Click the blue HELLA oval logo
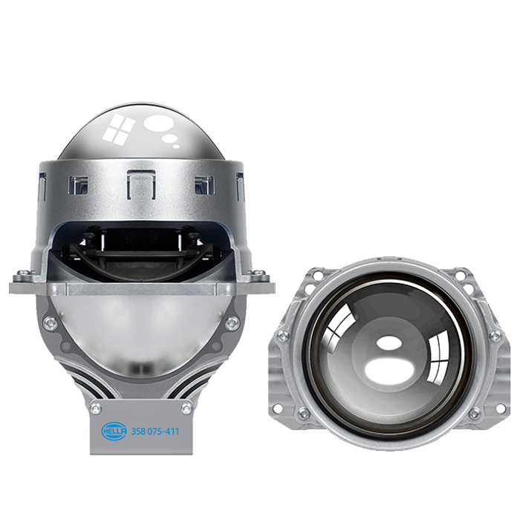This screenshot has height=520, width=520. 114,431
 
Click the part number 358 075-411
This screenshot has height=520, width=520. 155,432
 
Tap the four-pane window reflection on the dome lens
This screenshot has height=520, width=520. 119,129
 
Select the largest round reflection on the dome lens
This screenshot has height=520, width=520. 157,124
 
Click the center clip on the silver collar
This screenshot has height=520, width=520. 142,184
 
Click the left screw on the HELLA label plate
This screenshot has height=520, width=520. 96,408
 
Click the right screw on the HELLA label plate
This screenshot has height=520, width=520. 186,408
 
